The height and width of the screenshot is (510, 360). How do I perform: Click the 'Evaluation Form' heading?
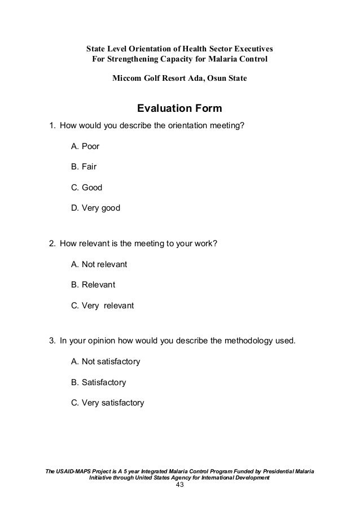click(x=179, y=108)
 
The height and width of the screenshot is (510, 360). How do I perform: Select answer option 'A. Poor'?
click(x=85, y=146)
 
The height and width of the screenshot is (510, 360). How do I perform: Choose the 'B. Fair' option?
click(x=84, y=167)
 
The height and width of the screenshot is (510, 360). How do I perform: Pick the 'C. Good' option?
click(x=86, y=187)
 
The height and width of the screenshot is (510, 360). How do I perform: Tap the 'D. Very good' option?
click(x=95, y=208)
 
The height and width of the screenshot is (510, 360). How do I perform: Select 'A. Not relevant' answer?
click(x=99, y=264)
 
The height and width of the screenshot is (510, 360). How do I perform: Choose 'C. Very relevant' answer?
click(x=102, y=306)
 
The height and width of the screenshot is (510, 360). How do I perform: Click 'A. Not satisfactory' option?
click(x=106, y=361)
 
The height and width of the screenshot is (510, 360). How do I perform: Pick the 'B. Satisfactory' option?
click(x=99, y=382)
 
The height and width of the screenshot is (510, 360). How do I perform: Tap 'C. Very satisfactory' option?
click(x=107, y=403)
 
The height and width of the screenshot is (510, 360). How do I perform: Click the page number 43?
click(x=179, y=485)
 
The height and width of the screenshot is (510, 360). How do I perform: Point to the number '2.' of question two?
click(x=52, y=244)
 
